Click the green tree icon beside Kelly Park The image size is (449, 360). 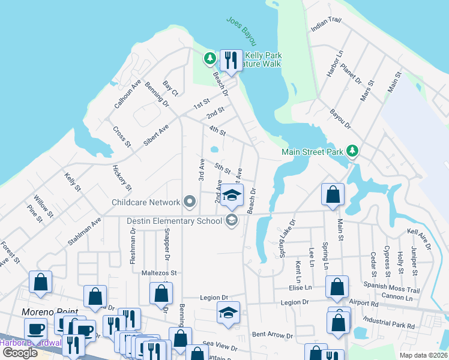[x=209, y=59]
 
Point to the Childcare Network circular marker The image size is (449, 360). [x=190, y=202]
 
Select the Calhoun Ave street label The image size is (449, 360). [x=127, y=94]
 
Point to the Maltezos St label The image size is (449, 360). [x=159, y=272]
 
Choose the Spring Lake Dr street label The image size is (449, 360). [x=288, y=238]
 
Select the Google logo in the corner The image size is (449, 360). [x=20, y=352]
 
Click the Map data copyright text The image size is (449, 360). [x=423, y=355]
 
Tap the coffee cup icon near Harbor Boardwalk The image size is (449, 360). [x=36, y=329]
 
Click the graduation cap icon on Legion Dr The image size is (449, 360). [x=228, y=313]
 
